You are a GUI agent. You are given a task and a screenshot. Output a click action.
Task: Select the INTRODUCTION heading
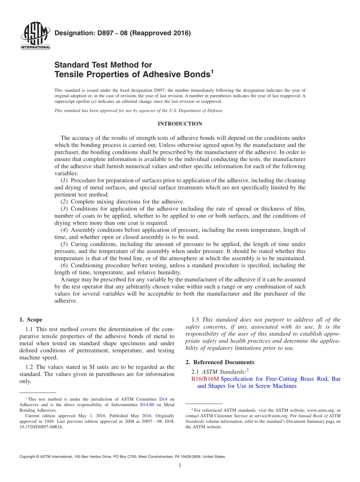click(180, 124)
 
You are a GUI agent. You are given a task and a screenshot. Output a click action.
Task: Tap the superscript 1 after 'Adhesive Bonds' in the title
click(212, 71)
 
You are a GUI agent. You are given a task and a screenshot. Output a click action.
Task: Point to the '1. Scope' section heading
click(31, 320)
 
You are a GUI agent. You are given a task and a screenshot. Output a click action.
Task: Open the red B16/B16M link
click(205, 379)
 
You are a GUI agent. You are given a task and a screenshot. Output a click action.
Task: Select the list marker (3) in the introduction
click(65, 209)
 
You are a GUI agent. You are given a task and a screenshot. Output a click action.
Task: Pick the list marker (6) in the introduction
click(65, 265)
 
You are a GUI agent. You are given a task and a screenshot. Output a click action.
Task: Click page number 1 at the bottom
click(180, 465)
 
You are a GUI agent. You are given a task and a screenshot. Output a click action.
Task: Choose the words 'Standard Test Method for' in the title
click(103, 65)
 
